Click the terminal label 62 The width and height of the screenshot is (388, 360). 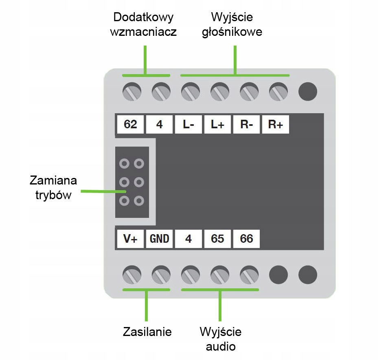[130, 124]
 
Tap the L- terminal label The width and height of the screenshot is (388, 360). [189, 124]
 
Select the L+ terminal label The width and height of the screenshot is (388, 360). [217, 124]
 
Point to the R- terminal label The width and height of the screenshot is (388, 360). [247, 124]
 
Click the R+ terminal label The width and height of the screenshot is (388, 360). [276, 124]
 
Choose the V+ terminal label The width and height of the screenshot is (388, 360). [130, 239]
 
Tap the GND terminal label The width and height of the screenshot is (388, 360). [160, 239]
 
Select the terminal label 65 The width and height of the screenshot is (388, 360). [217, 239]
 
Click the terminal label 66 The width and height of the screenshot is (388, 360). [247, 239]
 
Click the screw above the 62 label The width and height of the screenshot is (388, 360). [132, 92]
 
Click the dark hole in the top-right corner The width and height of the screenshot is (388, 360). [307, 92]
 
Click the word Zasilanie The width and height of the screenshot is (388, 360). [147, 332]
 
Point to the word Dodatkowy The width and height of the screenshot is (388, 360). [143, 18]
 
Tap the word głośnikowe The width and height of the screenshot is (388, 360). [232, 32]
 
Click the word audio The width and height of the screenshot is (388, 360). [221, 347]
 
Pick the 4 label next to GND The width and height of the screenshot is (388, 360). [189, 239]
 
